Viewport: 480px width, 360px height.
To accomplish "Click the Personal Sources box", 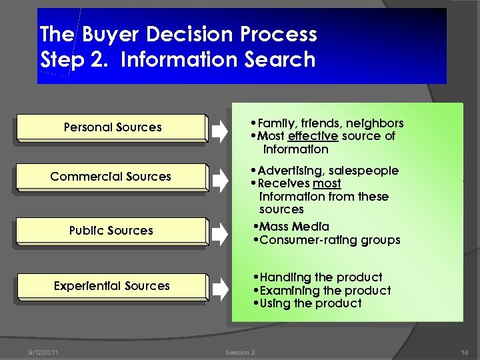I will (112, 127).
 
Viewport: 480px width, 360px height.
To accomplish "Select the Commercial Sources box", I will (111, 177).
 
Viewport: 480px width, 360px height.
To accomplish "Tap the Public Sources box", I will (111, 231).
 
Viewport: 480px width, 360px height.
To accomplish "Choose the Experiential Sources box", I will (111, 286).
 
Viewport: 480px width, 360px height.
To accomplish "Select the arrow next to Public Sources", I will (219, 233).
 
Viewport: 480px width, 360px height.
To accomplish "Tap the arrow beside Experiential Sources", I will (219, 289).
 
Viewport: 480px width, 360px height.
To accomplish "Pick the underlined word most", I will (327, 183).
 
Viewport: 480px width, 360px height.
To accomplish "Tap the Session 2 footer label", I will (240, 352).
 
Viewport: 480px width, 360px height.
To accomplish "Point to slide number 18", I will (464, 352).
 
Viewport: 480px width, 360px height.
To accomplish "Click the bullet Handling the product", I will (321, 277).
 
